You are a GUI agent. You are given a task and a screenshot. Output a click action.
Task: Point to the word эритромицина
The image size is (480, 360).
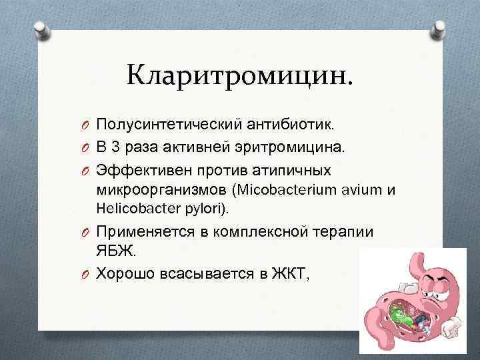pyautogui.click(x=291, y=147)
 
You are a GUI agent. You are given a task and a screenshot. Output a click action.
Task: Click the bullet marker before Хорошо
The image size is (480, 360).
pyautogui.click(x=87, y=273)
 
